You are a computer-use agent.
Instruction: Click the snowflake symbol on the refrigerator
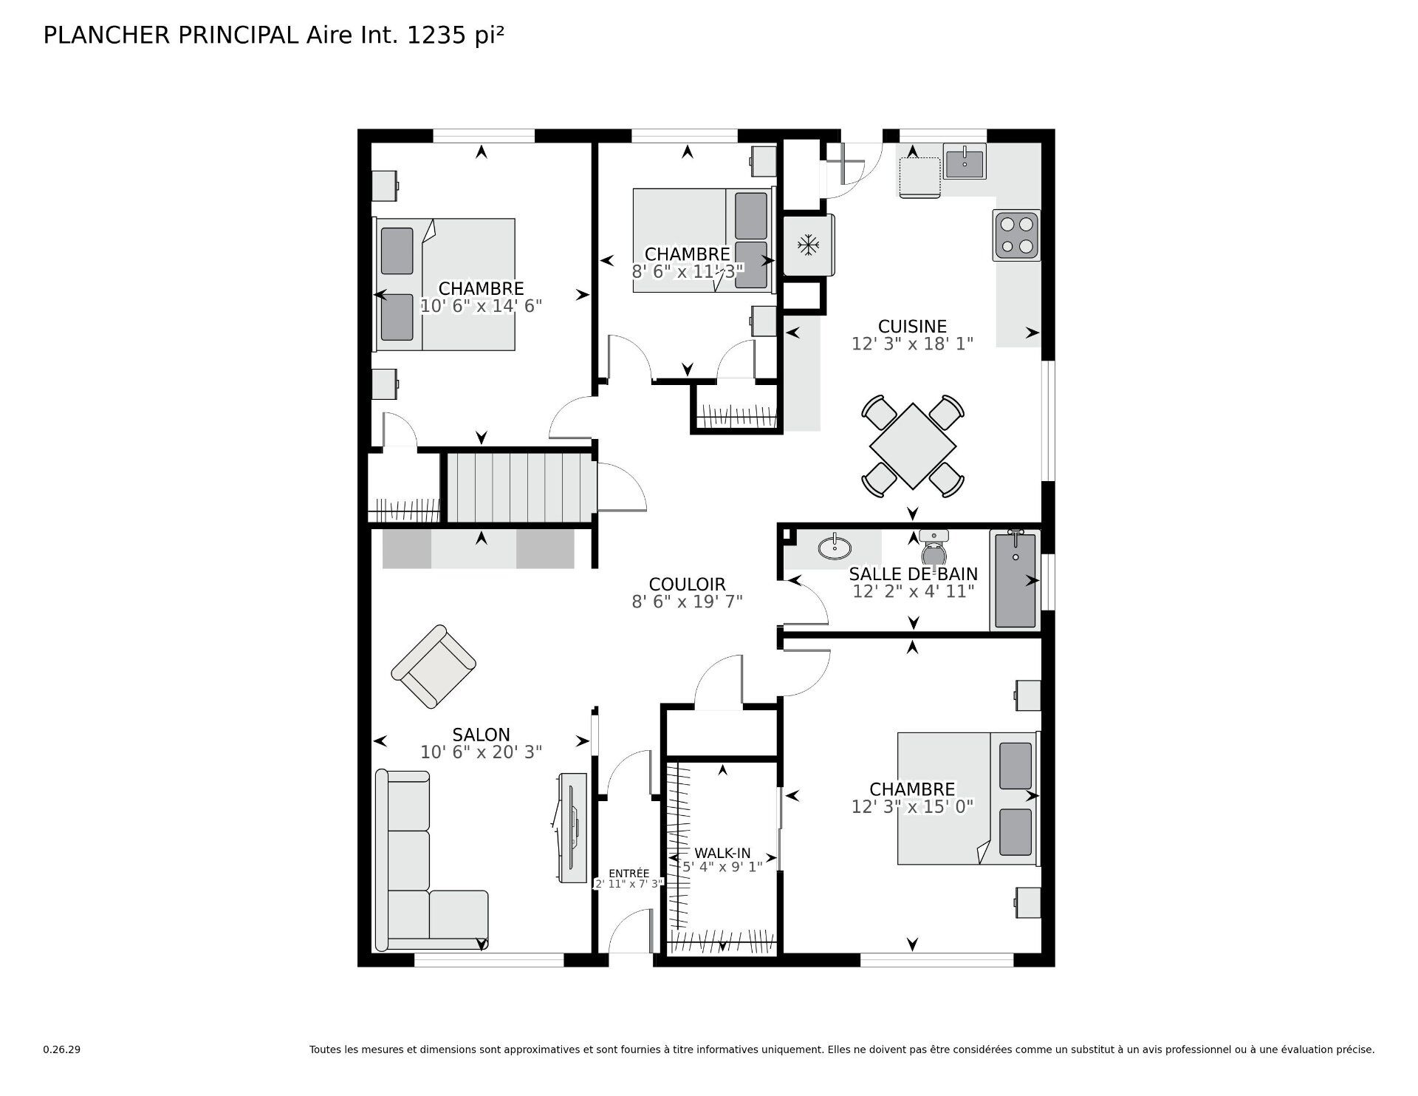[809, 245]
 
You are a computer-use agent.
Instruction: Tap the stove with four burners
[1016, 236]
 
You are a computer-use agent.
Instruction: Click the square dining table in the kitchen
[913, 446]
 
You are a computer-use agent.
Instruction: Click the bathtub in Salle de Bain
[1015, 581]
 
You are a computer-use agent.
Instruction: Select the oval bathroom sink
[835, 548]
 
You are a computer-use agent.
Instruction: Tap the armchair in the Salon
[433, 666]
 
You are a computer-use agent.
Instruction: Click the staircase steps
[520, 489]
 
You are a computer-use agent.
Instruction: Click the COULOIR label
[687, 585]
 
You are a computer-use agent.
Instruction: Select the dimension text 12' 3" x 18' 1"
[912, 344]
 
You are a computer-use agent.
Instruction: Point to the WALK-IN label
[722, 854]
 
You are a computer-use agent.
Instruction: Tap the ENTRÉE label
[628, 873]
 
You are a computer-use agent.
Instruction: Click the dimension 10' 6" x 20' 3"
[481, 752]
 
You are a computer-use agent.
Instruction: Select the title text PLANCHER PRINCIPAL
[170, 35]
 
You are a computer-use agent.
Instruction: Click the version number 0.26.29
[61, 1049]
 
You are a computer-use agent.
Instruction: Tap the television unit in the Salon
[571, 828]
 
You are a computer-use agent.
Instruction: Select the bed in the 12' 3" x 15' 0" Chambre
[967, 798]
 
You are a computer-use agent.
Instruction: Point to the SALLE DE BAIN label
[913, 574]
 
